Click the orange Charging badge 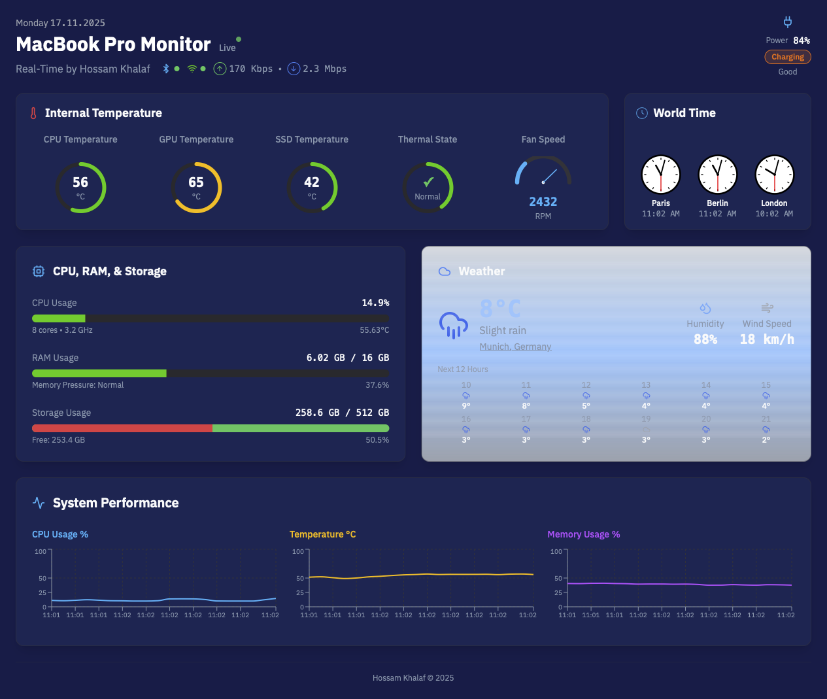coord(788,57)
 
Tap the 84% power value coord(802,41)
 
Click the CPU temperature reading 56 coord(80,182)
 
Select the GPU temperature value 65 coord(196,182)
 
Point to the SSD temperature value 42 coord(312,182)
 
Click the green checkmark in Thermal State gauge coord(428,182)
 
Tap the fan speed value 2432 coord(543,202)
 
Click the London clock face coord(774,175)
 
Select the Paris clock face coord(660,175)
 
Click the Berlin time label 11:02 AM coord(717,214)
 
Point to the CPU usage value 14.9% coord(375,303)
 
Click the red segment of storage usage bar coord(122,428)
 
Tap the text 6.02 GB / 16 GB coord(347,358)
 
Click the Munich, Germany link coord(515,347)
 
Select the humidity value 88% coord(705,339)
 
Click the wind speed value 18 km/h coord(767,339)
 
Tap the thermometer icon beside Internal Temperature coord(33,113)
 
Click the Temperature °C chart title coord(322,534)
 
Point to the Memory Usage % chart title coord(583,534)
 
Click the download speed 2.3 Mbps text coord(324,69)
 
